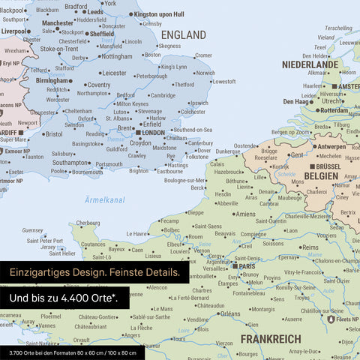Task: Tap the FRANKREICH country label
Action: point(271,339)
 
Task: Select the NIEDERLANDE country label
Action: point(310,65)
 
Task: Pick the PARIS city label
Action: point(247,265)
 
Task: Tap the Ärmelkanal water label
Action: point(105,200)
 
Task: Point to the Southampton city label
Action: point(70,162)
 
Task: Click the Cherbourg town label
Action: point(88,223)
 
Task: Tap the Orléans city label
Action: point(230,313)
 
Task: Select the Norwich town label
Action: point(204,73)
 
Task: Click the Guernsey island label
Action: point(33,230)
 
